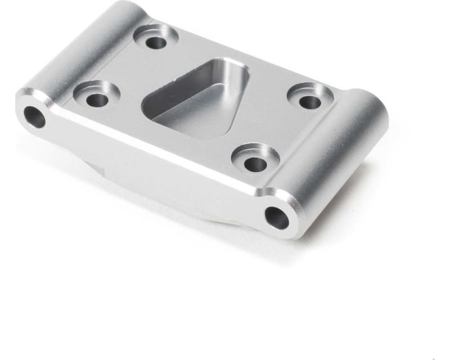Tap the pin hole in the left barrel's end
click(34, 116)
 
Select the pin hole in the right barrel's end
click(276, 218)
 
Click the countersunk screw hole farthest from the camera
click(156, 41)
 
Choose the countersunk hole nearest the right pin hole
click(255, 163)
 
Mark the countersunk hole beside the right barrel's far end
click(309, 102)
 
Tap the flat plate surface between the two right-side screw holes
click(281, 129)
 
